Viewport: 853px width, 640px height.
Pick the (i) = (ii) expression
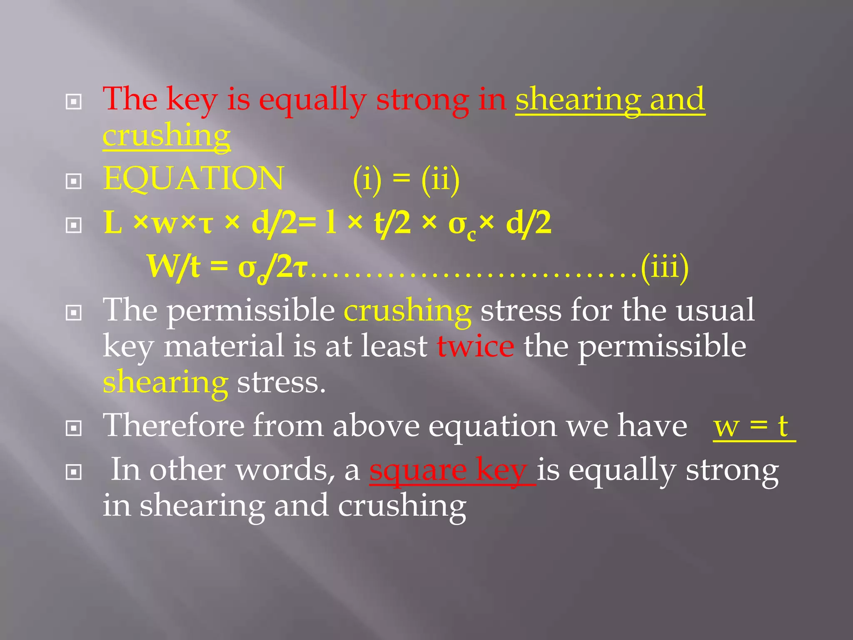tap(406, 180)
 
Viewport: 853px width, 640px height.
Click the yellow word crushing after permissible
tap(407, 311)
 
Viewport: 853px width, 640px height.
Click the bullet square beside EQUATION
tap(74, 181)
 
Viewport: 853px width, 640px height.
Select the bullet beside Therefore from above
tap(74, 428)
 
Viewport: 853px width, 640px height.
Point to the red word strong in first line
tap(422, 100)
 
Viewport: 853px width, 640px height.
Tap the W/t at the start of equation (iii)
tap(174, 267)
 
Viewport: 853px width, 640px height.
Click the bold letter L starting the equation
tap(112, 222)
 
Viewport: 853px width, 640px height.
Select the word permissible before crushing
tap(251, 311)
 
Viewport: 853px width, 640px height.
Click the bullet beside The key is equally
tap(74, 102)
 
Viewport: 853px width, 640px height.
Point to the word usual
tap(715, 311)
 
